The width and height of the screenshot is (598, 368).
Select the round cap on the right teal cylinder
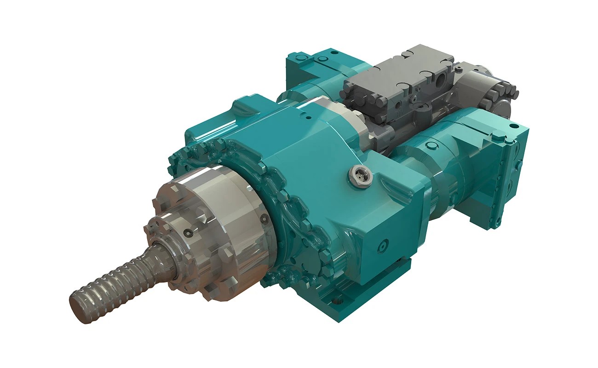(431, 146)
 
